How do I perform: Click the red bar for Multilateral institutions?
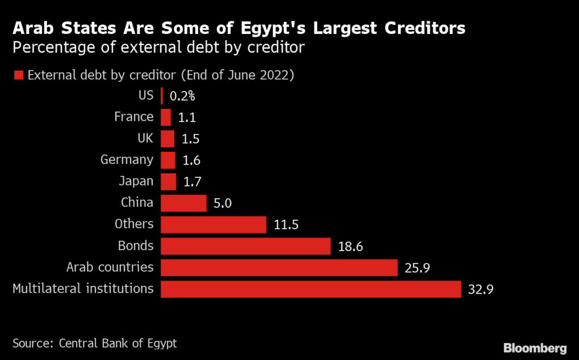pos(311,289)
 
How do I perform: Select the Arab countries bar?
pos(279,267)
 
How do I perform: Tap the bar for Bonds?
pos(245,246)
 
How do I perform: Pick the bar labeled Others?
pos(213,224)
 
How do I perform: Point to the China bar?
pos(183,203)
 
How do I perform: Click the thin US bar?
pos(162,96)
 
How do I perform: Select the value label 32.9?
pos(481,290)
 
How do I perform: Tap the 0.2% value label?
pos(182,96)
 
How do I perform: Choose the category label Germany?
pos(127,160)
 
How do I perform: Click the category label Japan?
pos(136,181)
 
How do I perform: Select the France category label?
pos(133,117)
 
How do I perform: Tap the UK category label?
pos(145,138)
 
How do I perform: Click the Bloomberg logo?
pos(535,348)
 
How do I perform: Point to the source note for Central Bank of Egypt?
pos(94,343)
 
